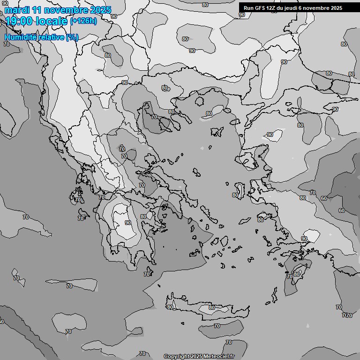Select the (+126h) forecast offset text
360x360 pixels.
pos(83,21)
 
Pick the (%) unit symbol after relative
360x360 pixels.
pos(72,37)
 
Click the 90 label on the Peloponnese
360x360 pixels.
pos(128,223)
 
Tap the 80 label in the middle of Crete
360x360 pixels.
pos(212,308)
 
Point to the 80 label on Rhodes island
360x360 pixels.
pos(297,274)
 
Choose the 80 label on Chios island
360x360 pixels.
pos(235,195)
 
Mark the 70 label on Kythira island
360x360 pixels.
pos(147,274)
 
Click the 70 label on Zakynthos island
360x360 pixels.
pos(81,218)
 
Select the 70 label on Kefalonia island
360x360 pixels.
pos(78,200)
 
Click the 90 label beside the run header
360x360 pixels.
pos(242,15)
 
